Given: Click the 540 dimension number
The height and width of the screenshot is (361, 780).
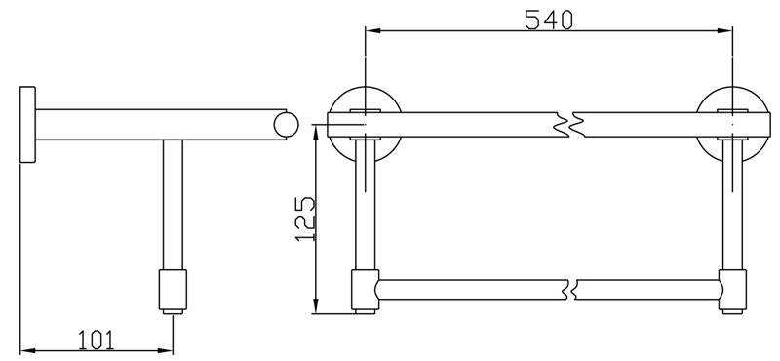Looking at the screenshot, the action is pos(549,20).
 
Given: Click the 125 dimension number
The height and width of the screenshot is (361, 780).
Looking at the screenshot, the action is pos(305,220).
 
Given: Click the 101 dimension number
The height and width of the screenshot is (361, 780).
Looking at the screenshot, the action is pos(96,340).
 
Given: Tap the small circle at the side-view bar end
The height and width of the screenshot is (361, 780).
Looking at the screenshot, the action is pos(286,125).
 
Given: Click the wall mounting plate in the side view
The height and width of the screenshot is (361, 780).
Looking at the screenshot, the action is pos(28,125).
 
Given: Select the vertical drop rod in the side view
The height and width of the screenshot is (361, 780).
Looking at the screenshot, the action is pos(174,205).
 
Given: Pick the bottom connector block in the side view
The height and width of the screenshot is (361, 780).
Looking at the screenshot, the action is pos(174,290).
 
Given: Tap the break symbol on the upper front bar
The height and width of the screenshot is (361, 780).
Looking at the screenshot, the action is pos(570,125).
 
